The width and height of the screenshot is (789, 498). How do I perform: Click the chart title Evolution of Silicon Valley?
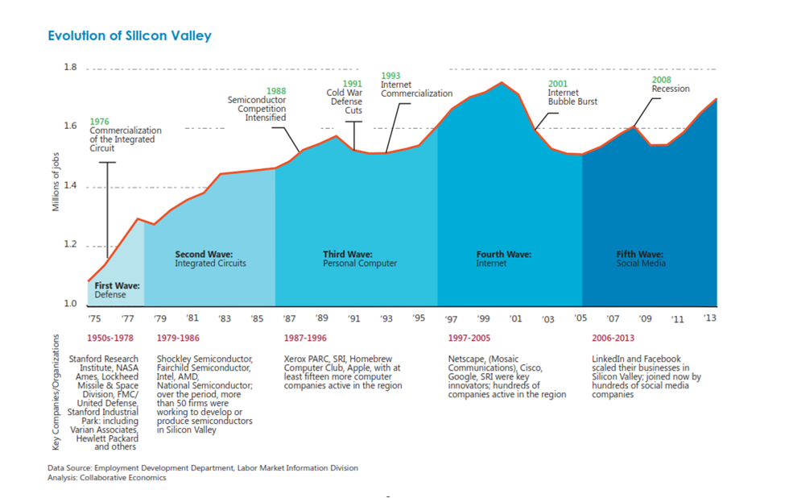click(130, 36)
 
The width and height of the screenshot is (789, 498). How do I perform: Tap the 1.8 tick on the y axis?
click(70, 68)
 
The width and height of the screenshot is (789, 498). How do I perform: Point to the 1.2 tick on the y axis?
click(70, 245)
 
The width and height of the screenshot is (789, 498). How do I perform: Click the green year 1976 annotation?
click(100, 121)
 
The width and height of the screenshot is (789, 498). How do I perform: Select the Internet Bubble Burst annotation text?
click(572, 98)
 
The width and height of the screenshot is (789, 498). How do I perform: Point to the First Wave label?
click(118, 285)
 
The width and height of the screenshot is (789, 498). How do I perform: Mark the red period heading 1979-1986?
click(178, 338)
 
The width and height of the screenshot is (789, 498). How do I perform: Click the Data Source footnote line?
click(202, 467)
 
